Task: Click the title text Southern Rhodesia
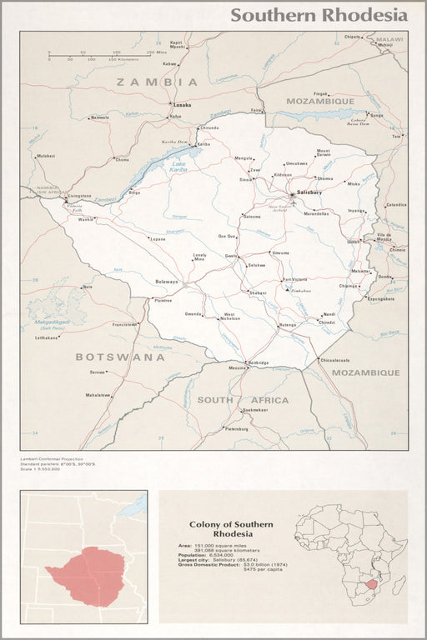319,15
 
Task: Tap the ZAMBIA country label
158,82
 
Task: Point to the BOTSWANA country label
120,357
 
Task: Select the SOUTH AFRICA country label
243,400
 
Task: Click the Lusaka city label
183,105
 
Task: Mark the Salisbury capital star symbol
292,193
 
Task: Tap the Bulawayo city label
167,282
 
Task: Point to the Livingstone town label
79,197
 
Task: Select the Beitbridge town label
258,363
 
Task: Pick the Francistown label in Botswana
124,324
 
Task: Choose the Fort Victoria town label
295,279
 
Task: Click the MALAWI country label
388,39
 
